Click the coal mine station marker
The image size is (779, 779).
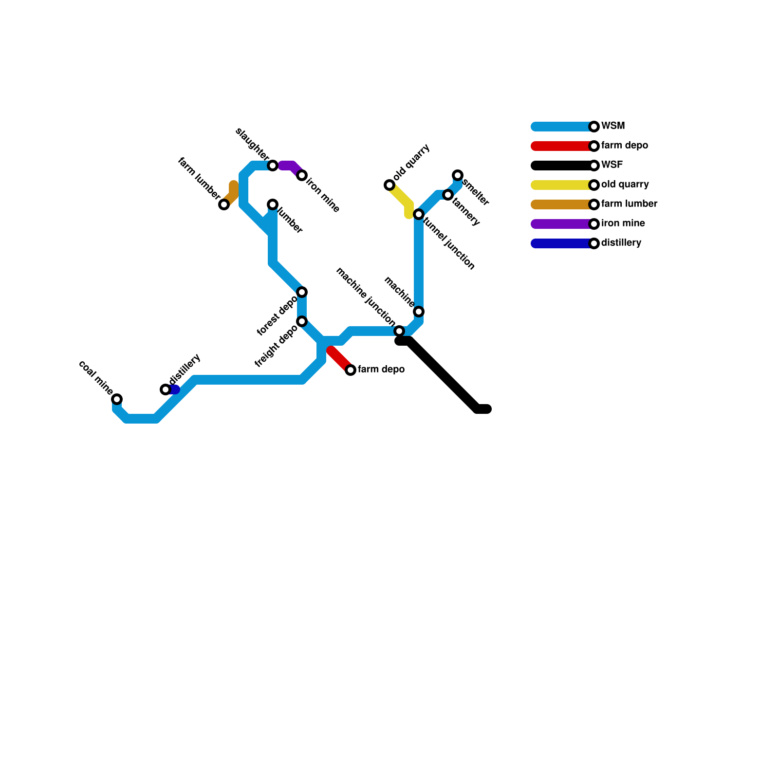[x=117, y=399]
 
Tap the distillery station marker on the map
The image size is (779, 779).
[x=166, y=389]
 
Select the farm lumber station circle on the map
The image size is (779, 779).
[x=224, y=204]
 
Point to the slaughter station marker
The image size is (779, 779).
[x=273, y=166]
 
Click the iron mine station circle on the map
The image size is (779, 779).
[x=302, y=175]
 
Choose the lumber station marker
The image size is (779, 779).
[x=273, y=204]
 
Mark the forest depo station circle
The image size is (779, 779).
[x=302, y=292]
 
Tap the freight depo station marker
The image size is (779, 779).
[x=302, y=321]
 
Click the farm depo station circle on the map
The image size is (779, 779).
[x=351, y=370]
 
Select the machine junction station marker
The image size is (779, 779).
[x=399, y=331]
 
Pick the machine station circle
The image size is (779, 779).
[x=419, y=312]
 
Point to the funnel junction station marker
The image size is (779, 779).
[x=419, y=214]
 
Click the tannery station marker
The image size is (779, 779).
[x=448, y=195]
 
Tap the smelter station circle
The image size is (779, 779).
[x=458, y=175]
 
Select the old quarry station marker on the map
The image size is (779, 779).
[x=389, y=185]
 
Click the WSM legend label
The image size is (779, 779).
[x=612, y=126]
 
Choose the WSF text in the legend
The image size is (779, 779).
[x=612, y=165]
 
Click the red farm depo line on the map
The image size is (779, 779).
[x=340, y=359]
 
